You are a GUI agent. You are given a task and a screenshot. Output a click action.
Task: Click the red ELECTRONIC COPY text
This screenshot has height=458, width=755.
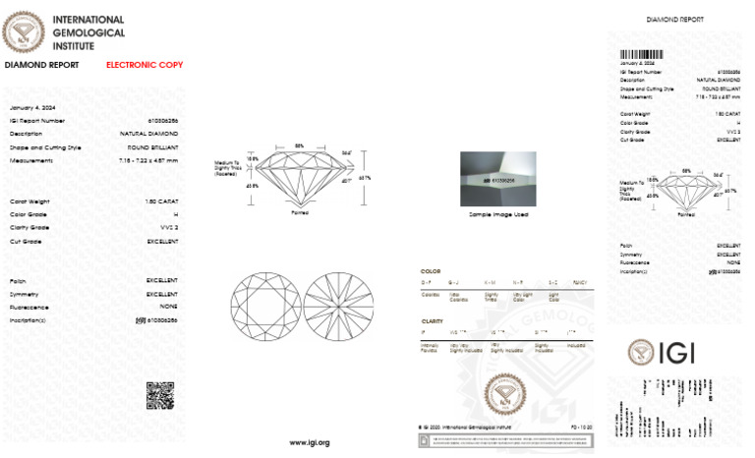145,65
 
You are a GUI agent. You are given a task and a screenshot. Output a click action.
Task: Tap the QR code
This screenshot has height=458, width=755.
160,395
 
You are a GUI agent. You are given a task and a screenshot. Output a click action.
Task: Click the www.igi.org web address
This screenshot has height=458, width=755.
309,442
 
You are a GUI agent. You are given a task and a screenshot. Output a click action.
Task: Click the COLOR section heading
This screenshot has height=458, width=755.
431,270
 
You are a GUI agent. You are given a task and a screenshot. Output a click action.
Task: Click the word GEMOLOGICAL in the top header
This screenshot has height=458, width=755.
88,31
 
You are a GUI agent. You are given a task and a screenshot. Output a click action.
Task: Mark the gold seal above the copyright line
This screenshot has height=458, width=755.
504,394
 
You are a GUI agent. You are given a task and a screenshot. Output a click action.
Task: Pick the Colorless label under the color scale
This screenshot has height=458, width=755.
430,294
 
